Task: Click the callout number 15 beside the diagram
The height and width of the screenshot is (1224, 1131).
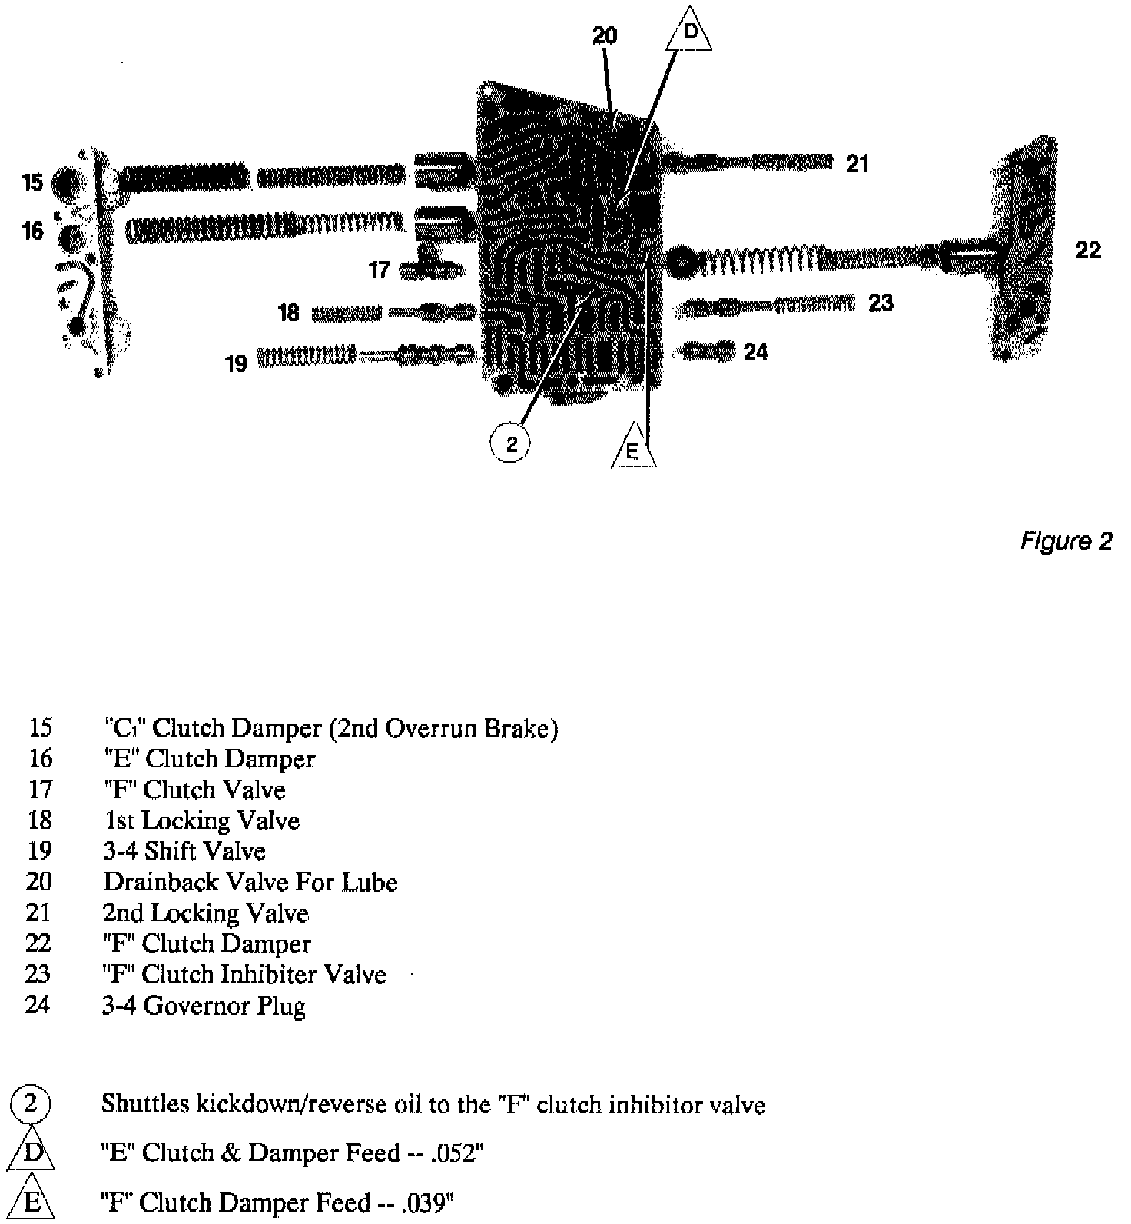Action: tap(33, 183)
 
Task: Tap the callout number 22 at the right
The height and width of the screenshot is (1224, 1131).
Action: tap(1087, 250)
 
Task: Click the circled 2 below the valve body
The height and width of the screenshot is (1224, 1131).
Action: tap(511, 444)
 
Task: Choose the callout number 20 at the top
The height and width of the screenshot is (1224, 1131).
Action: tap(605, 36)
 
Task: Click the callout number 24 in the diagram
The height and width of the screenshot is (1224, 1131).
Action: tap(756, 351)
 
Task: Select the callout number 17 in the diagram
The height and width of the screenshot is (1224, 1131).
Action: tap(379, 270)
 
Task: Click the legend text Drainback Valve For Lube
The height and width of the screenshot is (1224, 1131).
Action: tap(250, 882)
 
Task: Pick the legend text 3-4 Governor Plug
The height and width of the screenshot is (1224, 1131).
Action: tap(204, 1006)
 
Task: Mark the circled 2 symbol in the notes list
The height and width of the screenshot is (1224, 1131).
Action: tap(30, 1104)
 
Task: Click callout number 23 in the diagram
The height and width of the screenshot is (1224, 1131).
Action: tap(881, 303)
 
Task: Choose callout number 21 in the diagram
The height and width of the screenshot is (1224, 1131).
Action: tap(857, 164)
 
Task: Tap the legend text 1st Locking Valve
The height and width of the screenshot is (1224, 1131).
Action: tap(201, 820)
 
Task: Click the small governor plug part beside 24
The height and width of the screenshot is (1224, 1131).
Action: tap(707, 351)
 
